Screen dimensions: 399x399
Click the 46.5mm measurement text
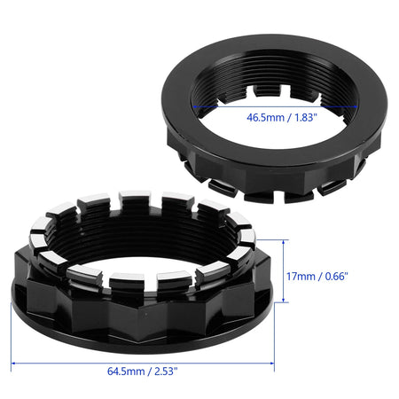point(265,117)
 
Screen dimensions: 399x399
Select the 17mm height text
point(301,277)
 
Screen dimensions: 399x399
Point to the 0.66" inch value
point(337,277)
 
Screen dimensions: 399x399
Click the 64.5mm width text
point(126,372)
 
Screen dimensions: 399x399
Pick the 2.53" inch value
point(166,372)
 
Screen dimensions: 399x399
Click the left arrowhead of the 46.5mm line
point(195,106)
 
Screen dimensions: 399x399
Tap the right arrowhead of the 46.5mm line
point(355,106)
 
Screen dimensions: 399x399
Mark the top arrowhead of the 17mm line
point(284,242)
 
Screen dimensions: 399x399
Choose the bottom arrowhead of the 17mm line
point(284,300)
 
